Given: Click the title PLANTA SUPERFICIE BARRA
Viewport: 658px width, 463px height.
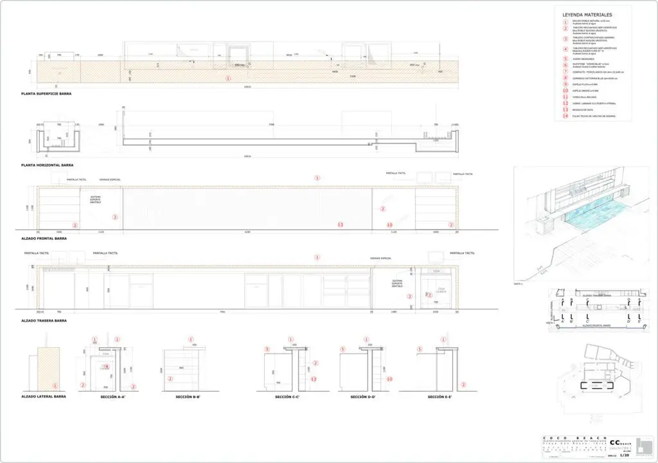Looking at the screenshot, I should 45,94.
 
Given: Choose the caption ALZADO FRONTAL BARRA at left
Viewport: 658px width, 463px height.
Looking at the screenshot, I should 43,239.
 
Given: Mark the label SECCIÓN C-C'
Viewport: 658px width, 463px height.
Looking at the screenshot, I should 289,397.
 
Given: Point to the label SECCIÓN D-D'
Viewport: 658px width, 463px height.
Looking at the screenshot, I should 364,397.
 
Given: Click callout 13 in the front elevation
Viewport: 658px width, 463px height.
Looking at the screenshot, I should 341,224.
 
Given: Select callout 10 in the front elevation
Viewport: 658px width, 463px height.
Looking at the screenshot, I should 389,224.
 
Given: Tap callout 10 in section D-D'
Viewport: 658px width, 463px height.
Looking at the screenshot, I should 389,379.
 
